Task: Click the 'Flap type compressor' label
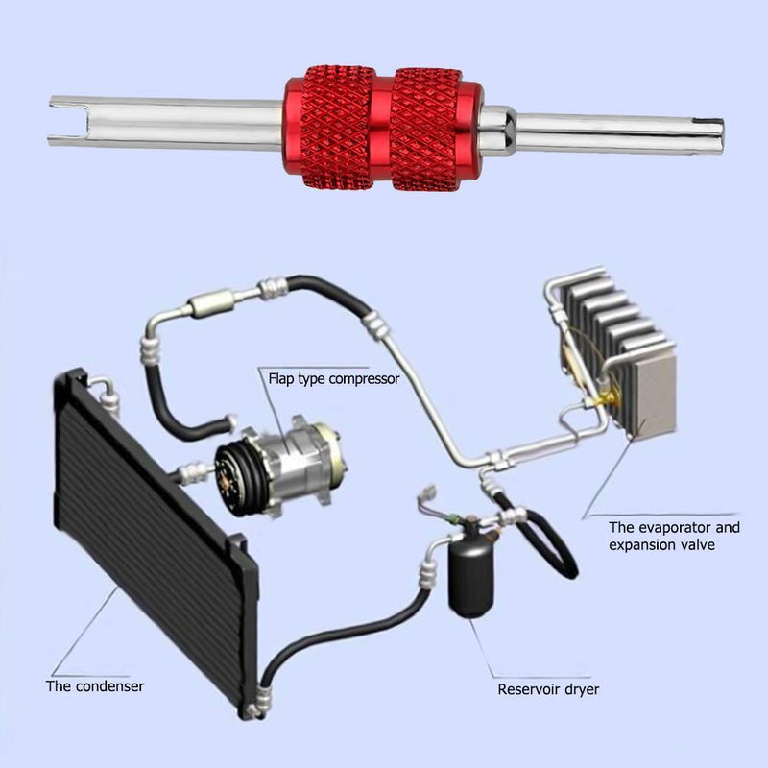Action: pyautogui.click(x=334, y=379)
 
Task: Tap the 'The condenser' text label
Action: pyautogui.click(x=95, y=686)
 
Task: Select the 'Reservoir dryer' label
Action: pyautogui.click(x=548, y=689)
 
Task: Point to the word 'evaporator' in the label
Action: pyautogui.click(x=675, y=527)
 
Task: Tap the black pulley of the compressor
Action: pyautogui.click(x=234, y=476)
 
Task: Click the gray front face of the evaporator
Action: pyautogui.click(x=655, y=397)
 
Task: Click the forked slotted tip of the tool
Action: pyautogui.click(x=68, y=122)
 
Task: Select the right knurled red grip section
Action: pyautogui.click(x=426, y=129)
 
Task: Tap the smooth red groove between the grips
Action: pyautogui.click(x=382, y=129)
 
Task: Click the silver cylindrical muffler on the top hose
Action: pyautogui.click(x=211, y=304)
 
